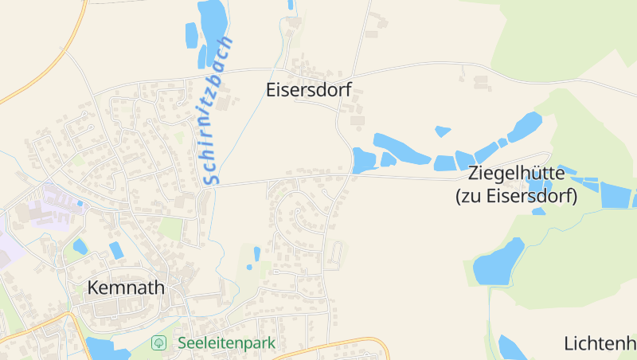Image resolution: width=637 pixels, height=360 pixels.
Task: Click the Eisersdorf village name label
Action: click(308, 91)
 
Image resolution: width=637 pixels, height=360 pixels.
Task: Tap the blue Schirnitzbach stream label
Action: click(217, 111)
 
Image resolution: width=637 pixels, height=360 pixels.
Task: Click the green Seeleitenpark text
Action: click(226, 343)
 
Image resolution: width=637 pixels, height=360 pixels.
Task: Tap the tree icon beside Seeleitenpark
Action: click(159, 343)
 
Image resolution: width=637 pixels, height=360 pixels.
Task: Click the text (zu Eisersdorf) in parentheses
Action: click(515, 196)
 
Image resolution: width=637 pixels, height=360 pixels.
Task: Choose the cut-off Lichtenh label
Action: click(600, 344)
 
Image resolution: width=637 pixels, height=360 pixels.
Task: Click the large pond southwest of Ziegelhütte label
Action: click(498, 260)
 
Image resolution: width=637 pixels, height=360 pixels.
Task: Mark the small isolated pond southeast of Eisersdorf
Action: click(443, 131)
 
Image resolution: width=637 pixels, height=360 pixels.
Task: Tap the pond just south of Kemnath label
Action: click(106, 350)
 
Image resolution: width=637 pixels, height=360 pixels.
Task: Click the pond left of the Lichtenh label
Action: click(510, 348)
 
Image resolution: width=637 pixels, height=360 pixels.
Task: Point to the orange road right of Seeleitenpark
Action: click(334, 346)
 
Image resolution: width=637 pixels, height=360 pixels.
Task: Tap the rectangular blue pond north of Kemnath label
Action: click(116, 250)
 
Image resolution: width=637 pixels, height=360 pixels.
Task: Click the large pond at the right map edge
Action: click(615, 195)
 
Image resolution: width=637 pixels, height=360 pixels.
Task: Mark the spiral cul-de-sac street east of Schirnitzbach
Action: click(303, 218)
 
